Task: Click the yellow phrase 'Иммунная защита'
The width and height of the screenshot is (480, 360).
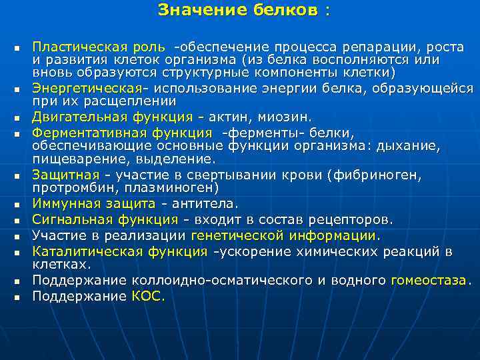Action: [94, 203]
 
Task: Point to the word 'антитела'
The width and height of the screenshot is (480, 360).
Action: [207, 203]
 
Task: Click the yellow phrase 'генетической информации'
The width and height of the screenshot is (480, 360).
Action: [284, 235]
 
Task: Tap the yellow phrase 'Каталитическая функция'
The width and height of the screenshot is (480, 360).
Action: [120, 251]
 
